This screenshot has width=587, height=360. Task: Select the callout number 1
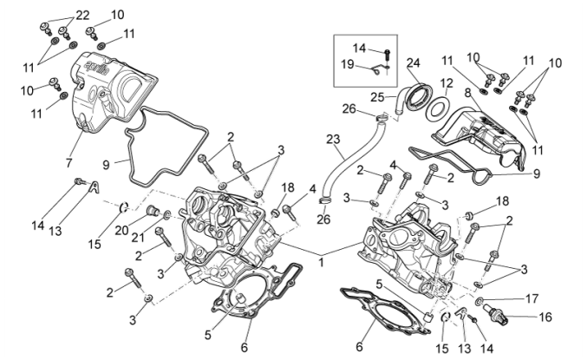coord(323,260)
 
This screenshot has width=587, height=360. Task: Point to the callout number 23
coord(333,139)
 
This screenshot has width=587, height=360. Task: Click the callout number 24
coord(413,62)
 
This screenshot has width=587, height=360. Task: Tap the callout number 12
coord(447,85)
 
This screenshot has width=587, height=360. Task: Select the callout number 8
coord(466,91)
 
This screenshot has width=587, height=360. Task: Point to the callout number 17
coord(532,298)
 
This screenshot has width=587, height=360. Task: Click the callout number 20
coord(121,229)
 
